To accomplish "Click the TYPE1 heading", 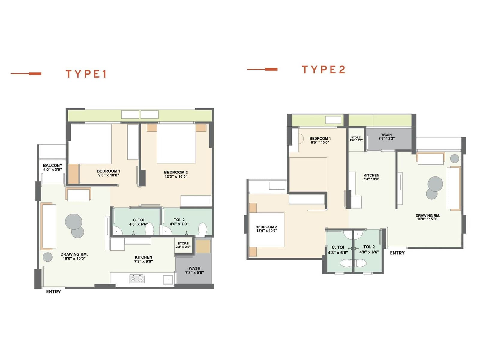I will click(86, 74).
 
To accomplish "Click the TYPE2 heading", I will click(323, 70).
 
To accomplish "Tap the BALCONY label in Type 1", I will click(52, 165).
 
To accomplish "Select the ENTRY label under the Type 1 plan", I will click(53, 292).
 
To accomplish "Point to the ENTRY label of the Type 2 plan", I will click(397, 253).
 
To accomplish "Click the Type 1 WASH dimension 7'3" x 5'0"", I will click(194, 273).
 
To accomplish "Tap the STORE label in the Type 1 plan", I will click(183, 244).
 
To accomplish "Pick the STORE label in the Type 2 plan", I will click(356, 137).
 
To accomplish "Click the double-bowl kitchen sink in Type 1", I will click(136, 280).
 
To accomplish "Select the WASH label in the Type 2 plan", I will click(386, 135).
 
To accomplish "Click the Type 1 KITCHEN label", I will click(143, 257).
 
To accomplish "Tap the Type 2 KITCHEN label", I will click(371, 175).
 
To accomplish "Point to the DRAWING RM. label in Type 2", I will click(428, 215).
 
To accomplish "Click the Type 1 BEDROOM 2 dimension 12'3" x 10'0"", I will click(176, 176).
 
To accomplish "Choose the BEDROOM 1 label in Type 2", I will click(320, 138).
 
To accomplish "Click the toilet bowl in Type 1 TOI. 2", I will click(203, 229).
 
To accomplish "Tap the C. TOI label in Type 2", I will click(338, 247).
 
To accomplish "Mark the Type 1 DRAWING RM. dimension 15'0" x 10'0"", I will click(74, 259).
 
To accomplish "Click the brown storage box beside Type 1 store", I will click(203, 246).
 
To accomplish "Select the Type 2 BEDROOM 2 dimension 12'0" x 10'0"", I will click(266, 231).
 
